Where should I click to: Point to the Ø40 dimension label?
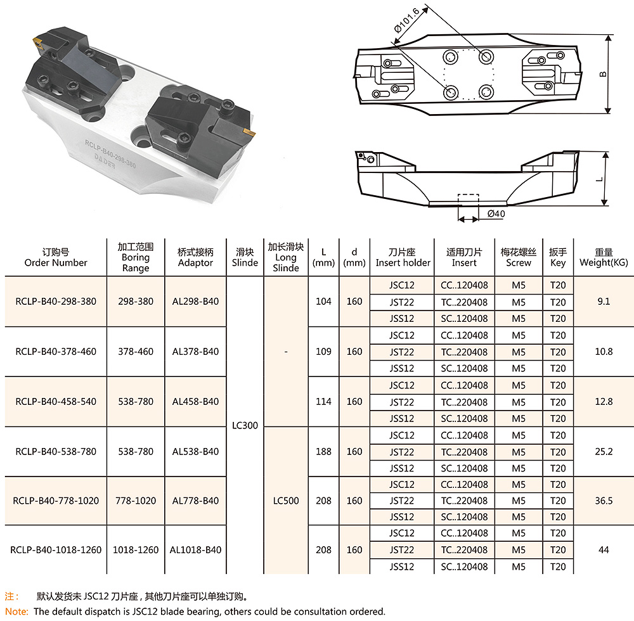[x=496, y=214]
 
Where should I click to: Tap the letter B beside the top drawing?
[x=604, y=74]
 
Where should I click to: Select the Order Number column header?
[x=56, y=257]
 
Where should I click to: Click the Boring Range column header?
[x=136, y=257]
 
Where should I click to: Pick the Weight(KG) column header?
[x=603, y=257]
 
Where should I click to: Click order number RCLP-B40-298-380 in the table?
[x=56, y=302]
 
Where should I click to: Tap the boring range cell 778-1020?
[x=136, y=501]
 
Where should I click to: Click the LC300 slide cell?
[x=245, y=426]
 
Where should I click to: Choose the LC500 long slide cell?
[x=286, y=501]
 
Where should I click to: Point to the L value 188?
[x=323, y=451]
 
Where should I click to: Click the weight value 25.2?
[x=603, y=451]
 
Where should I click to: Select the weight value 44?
[x=603, y=550]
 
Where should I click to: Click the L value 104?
[x=323, y=302]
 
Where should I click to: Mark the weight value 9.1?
[x=603, y=302]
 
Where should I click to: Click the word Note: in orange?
[x=16, y=611]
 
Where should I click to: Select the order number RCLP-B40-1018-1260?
[x=56, y=550]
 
